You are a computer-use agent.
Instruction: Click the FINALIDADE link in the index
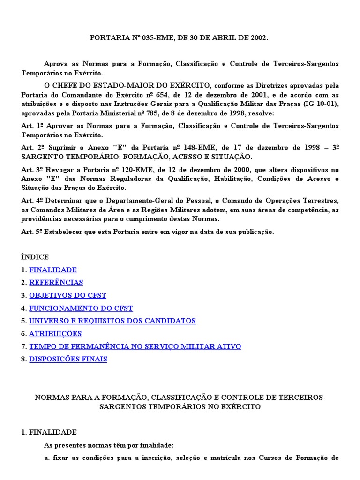(x=52, y=270)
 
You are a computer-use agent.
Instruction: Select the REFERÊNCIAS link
(x=56, y=283)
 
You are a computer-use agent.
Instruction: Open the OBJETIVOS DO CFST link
(x=67, y=295)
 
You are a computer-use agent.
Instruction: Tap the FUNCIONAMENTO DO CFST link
(x=81, y=308)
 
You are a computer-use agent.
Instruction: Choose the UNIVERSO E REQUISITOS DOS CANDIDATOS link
(x=112, y=321)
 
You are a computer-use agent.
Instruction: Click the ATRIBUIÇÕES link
(x=55, y=334)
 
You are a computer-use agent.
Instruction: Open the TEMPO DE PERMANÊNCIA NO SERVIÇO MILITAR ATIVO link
(x=135, y=346)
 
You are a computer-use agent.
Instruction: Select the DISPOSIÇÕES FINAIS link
(x=68, y=359)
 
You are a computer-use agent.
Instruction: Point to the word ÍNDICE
(x=35, y=257)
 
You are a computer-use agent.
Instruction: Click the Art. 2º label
(x=31, y=147)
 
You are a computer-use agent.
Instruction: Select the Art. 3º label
(x=31, y=169)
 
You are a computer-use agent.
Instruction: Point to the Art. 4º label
(x=31, y=201)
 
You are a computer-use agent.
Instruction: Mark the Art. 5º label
(x=31, y=232)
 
